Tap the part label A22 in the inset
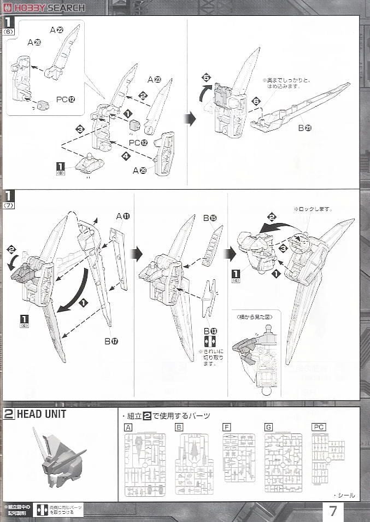57,31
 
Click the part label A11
123,216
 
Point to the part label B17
114,341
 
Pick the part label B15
210,219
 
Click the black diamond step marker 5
206,78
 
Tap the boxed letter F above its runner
227,427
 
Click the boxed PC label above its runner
319,427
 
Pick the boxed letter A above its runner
128,427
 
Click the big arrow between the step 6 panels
190,119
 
